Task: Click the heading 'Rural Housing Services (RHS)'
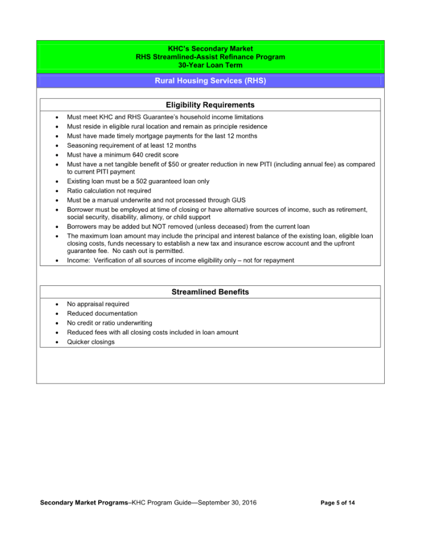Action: [x=210, y=81]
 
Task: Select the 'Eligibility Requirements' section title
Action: [x=210, y=105]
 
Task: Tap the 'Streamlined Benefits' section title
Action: [x=210, y=292]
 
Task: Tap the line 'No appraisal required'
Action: [x=98, y=304]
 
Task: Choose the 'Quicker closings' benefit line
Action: [x=90, y=342]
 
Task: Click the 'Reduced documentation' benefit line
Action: [x=102, y=313]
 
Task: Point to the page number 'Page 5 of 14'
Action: [x=337, y=503]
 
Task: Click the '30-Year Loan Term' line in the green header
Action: [x=210, y=65]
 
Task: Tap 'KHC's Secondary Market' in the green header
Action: [x=210, y=48]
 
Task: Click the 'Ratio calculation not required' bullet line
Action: [x=109, y=191]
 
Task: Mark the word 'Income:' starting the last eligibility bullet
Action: [x=78, y=260]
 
